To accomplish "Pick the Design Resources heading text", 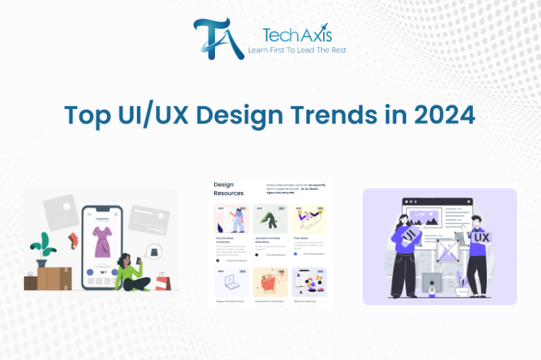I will pyautogui.click(x=229, y=189).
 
